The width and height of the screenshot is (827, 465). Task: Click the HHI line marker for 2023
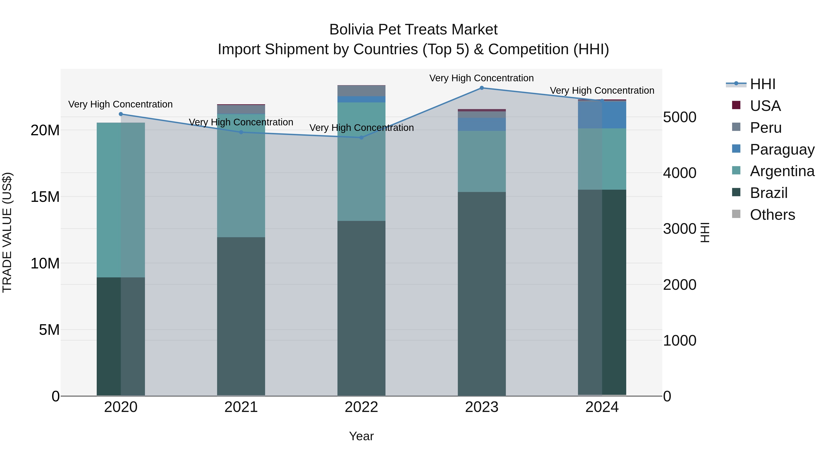(481, 88)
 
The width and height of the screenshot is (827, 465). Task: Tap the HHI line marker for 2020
(121, 114)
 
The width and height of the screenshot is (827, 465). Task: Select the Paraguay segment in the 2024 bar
(602, 115)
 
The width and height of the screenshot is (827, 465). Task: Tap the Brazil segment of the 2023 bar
(481, 294)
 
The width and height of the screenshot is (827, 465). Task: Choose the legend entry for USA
(765, 106)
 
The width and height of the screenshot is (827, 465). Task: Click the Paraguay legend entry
(782, 149)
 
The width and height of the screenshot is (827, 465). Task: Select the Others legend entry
(772, 215)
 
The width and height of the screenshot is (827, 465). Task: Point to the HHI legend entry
(762, 84)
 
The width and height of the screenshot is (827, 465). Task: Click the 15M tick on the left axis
(45, 197)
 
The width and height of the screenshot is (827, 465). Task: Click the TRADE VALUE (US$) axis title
(7, 232)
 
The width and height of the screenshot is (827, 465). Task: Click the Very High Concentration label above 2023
(481, 78)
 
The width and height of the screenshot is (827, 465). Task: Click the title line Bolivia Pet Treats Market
(413, 30)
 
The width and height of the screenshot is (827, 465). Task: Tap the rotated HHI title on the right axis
(705, 232)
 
